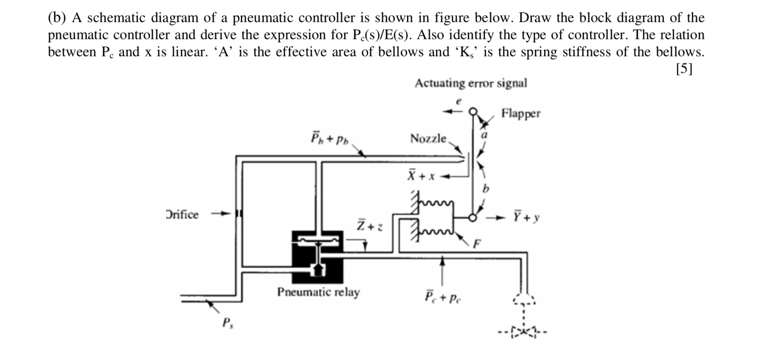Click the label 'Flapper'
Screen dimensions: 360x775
[x=521, y=114]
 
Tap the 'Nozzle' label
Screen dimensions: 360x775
[x=428, y=139]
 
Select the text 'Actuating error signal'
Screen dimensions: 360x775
[x=471, y=83]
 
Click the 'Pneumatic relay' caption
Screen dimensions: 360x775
[x=318, y=292]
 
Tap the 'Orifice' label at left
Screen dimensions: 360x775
[x=182, y=215]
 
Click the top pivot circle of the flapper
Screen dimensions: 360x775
[x=473, y=112]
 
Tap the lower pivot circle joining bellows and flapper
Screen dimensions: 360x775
[x=473, y=218]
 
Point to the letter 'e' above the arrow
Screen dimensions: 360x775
[x=459, y=102]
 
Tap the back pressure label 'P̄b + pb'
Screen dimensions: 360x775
[x=329, y=139]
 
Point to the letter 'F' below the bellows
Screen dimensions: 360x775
[x=477, y=244]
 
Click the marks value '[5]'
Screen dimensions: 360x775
[x=684, y=69]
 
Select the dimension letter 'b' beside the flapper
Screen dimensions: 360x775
[x=485, y=189]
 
